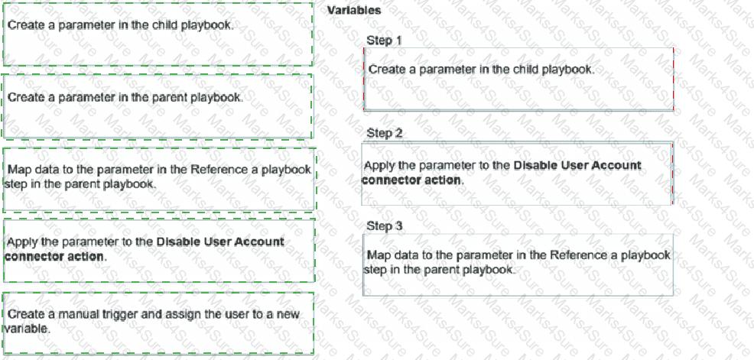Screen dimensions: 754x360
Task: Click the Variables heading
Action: click(355, 11)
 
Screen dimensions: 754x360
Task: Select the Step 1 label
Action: click(384, 40)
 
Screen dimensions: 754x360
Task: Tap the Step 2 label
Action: click(384, 133)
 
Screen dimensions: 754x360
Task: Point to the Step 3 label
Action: click(384, 226)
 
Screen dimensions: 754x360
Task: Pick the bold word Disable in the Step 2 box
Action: click(535, 166)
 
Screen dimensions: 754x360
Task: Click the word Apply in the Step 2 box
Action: click(379, 166)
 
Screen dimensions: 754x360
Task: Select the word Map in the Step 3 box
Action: click(378, 255)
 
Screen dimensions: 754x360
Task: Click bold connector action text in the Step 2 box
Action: click(411, 180)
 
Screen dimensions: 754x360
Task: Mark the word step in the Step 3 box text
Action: click(375, 270)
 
